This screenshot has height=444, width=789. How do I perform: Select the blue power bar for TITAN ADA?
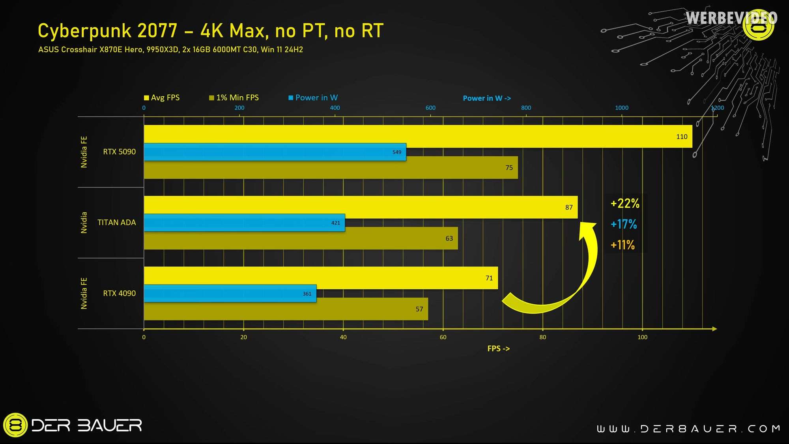(x=245, y=223)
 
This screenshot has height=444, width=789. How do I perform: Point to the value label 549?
(x=397, y=152)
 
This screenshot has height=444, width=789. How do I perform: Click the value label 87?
(x=569, y=207)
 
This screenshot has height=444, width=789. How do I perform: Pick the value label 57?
(x=419, y=309)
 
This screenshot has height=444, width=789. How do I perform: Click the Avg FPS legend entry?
(x=162, y=97)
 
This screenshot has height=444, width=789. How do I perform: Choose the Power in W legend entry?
(x=313, y=97)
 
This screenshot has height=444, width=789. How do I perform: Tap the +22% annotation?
(x=625, y=204)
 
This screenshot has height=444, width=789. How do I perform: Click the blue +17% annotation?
(x=624, y=224)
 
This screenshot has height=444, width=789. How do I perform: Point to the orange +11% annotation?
(x=623, y=245)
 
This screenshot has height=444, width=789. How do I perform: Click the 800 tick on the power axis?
(x=526, y=108)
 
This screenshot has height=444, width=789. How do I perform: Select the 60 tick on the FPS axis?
(x=443, y=337)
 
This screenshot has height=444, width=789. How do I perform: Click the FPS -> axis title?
(x=499, y=348)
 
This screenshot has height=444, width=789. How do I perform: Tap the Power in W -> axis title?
(x=487, y=98)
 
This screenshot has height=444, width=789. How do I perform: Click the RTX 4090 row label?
(x=119, y=293)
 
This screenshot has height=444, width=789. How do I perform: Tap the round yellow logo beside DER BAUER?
(x=15, y=425)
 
